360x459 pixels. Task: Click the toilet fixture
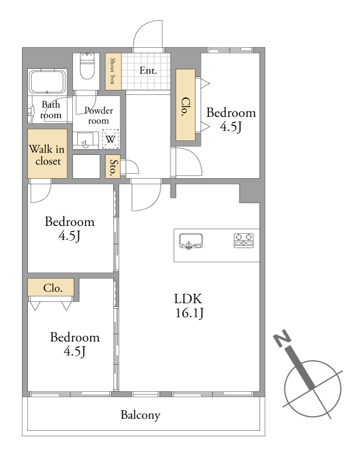[x=87, y=66]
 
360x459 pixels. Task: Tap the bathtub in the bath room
[x=47, y=82]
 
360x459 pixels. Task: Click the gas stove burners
[x=244, y=240]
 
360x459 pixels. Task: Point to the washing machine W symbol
[x=110, y=139]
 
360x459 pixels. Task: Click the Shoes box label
[x=112, y=71]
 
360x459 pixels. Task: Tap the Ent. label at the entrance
[x=148, y=70]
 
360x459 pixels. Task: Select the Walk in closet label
[x=47, y=155]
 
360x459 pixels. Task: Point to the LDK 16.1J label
[x=189, y=306]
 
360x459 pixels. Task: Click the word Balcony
[x=141, y=415]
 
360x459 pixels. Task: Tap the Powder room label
[x=99, y=115]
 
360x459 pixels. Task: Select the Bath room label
[x=51, y=109]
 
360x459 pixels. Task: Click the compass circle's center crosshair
[x=313, y=389]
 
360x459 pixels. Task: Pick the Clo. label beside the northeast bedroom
[x=185, y=107]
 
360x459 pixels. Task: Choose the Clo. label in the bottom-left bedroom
[x=53, y=289]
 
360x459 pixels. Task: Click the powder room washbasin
[x=85, y=140]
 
